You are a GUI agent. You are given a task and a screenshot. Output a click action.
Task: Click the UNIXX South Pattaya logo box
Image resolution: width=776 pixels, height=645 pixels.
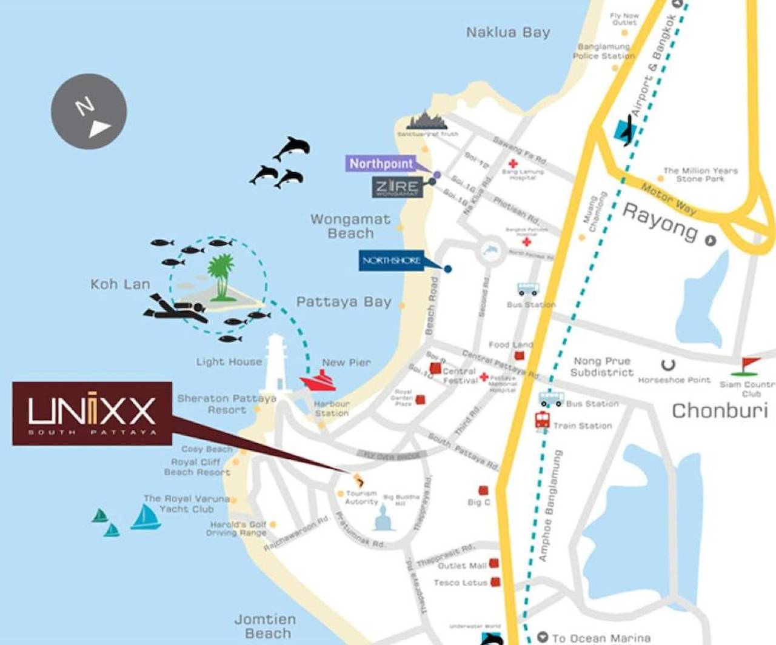(x=92, y=413)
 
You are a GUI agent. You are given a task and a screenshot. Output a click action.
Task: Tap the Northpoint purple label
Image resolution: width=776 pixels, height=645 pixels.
(x=381, y=163)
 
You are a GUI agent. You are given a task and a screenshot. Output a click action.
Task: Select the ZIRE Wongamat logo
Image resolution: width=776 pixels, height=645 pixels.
(x=397, y=187)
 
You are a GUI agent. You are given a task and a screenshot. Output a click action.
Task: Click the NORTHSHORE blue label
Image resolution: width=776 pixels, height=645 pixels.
(x=392, y=261)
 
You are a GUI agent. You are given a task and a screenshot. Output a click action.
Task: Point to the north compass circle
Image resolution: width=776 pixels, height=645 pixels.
(x=89, y=112)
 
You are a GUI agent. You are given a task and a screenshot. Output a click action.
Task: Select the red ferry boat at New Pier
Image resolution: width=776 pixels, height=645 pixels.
(x=319, y=381)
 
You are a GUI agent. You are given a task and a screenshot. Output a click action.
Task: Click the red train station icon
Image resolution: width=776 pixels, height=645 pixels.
(x=542, y=420)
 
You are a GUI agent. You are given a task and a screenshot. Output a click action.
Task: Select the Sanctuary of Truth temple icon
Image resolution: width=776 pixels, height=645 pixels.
(x=428, y=121)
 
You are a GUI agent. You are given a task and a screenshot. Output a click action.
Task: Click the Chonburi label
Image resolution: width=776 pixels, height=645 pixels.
(x=720, y=410)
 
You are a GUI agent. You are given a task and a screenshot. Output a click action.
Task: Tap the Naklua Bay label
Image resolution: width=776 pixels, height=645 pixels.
(x=508, y=32)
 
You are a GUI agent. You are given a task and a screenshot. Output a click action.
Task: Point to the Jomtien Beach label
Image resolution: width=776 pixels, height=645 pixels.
(x=265, y=626)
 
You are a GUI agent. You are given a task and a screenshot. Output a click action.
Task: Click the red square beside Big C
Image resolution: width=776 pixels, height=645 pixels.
(x=483, y=490)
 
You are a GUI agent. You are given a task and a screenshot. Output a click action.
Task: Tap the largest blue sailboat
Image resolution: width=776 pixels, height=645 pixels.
(x=145, y=517)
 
